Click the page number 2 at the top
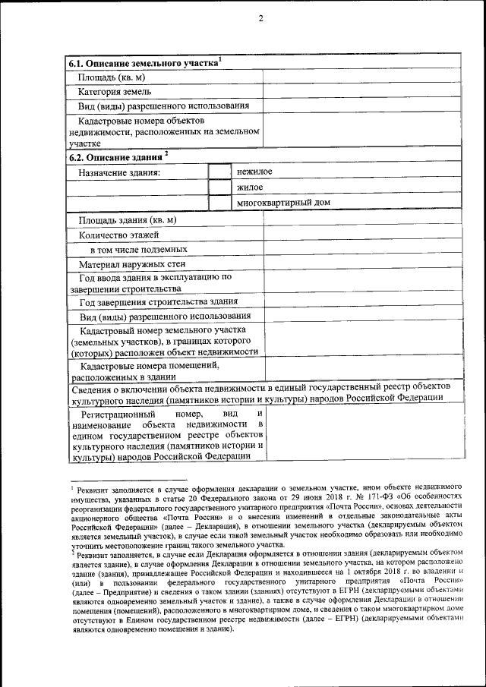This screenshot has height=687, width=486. coord(260,18)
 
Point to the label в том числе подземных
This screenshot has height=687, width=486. coord(138,249)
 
